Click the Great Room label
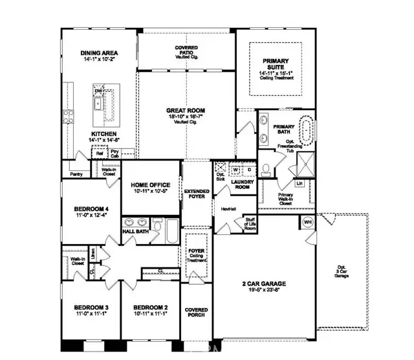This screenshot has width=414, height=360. point(186,111)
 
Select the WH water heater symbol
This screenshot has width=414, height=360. point(308,222)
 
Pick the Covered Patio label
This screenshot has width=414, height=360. point(186,50)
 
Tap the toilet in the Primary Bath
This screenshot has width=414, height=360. point(267,170)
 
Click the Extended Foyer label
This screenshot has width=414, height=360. point(195,194)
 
